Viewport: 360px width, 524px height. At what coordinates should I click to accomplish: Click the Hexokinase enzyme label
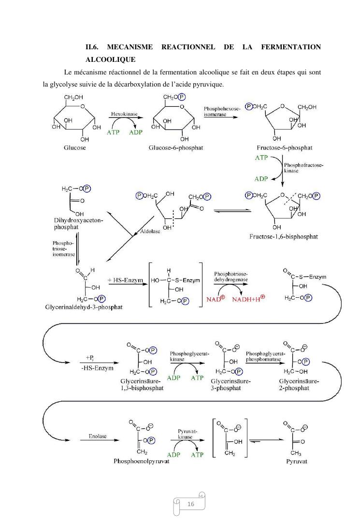pos(124,114)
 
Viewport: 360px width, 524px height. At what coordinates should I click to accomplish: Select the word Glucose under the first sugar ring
pos(75,147)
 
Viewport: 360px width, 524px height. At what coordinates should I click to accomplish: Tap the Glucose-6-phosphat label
pos(175,147)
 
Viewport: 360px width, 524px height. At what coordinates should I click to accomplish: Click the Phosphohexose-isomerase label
pos(222,112)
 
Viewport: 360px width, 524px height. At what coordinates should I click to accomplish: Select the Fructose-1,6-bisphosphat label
pos(284,236)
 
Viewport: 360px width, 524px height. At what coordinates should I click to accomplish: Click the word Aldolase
pos(150,232)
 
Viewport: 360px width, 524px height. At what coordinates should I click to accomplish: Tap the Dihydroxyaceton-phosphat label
pos(72,223)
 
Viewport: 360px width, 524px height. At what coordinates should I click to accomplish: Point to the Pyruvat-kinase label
pos(186,433)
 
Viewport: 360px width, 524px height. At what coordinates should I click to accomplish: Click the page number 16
pos(190,504)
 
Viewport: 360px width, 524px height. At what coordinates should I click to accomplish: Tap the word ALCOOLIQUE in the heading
pos(110,59)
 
